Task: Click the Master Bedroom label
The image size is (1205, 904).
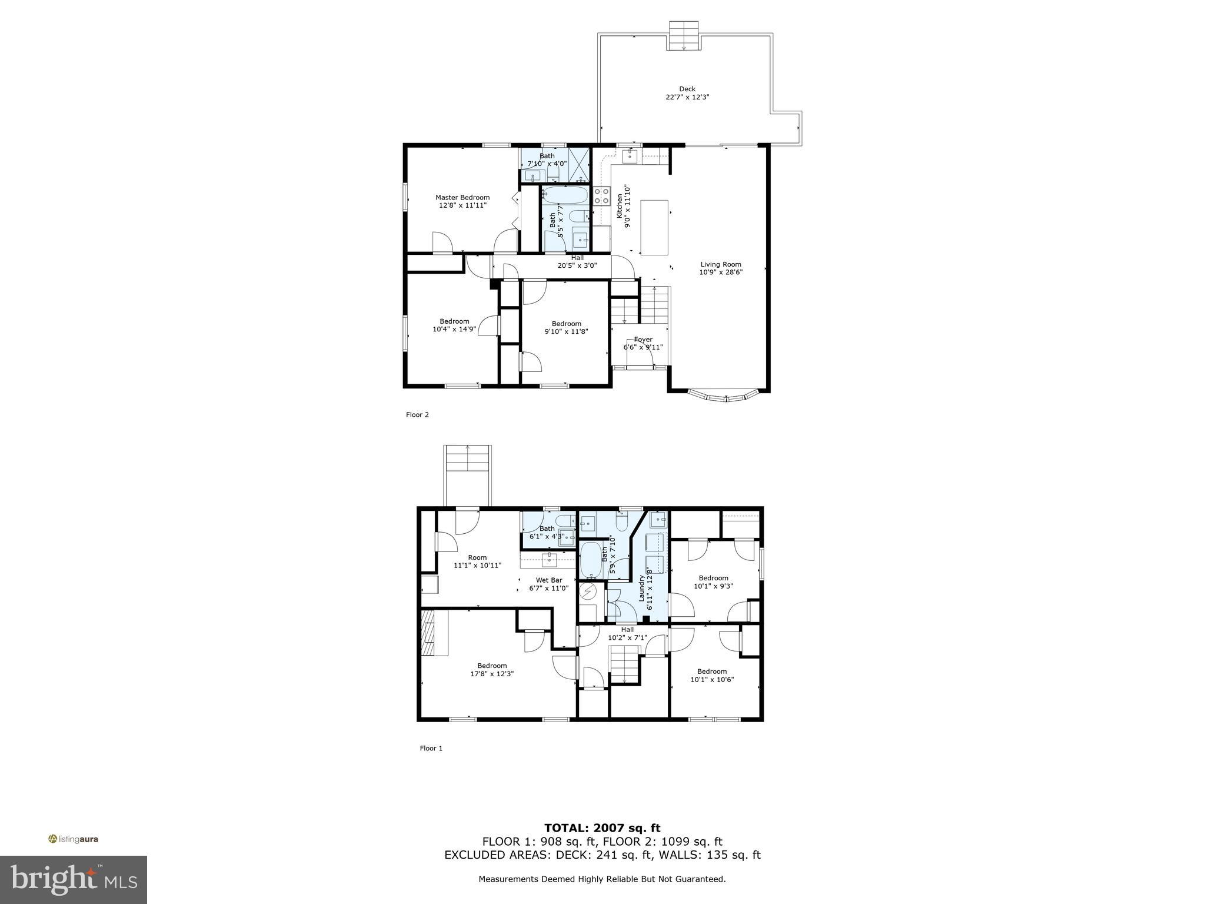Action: (462, 198)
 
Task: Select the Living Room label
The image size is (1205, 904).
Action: (720, 265)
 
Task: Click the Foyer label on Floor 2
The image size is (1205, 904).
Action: (643, 340)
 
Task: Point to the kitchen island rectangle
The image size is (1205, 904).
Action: (654, 227)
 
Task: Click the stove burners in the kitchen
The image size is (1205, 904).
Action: (601, 195)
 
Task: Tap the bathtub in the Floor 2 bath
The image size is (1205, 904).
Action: (564, 195)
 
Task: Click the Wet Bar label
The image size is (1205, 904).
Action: (548, 580)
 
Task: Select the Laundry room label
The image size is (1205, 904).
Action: (642, 588)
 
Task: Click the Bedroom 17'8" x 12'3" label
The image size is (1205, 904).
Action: (492, 666)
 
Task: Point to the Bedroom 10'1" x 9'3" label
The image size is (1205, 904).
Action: (713, 578)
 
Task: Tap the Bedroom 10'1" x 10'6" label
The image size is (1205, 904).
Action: (712, 672)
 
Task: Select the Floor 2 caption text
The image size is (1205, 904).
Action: (417, 415)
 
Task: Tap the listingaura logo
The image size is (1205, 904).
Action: (74, 839)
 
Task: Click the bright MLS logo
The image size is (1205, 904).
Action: (74, 879)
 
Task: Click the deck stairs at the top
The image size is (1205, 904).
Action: (684, 36)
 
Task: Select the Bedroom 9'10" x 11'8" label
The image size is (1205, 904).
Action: (566, 324)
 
